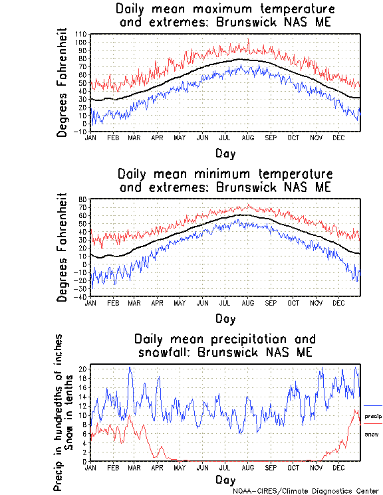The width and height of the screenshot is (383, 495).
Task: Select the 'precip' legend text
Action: pos(373,416)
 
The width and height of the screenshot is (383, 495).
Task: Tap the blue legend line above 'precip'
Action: pos(373,405)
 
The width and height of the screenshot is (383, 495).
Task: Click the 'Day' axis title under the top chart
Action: pos(225,153)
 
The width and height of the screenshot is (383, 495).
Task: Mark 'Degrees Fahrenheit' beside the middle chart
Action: pos(62,247)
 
